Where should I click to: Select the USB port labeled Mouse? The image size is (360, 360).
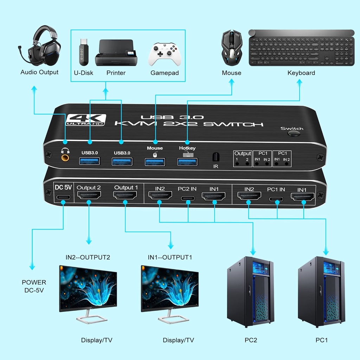click(155, 162)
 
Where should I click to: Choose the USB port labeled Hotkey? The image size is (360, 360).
click(187, 162)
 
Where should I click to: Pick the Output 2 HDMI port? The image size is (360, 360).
click(89, 195)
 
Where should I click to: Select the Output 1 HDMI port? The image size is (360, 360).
click(125, 195)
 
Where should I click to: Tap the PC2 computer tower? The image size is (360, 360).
click(250, 292)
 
